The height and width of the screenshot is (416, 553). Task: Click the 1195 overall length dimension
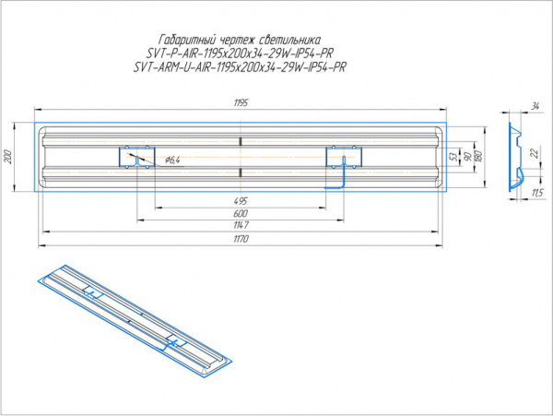(x=241, y=102)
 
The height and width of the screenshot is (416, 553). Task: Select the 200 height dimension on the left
(x=8, y=156)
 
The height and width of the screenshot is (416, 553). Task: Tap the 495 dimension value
(x=241, y=199)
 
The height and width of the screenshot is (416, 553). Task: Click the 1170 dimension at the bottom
(x=241, y=239)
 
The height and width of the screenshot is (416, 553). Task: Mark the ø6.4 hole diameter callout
(x=171, y=160)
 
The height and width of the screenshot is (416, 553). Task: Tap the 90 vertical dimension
(x=467, y=158)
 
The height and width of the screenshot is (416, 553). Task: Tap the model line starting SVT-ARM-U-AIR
(x=240, y=67)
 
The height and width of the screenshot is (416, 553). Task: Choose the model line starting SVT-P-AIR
(x=240, y=53)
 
